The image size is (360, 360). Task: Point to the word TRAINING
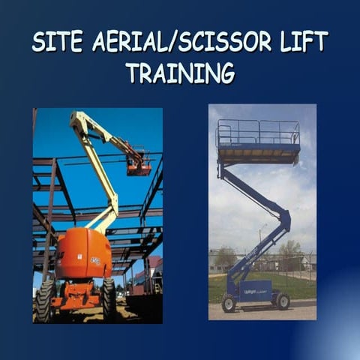pos(180,73)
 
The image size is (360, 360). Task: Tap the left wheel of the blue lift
pos(228,302)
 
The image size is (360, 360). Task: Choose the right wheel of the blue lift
pos(282,301)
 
